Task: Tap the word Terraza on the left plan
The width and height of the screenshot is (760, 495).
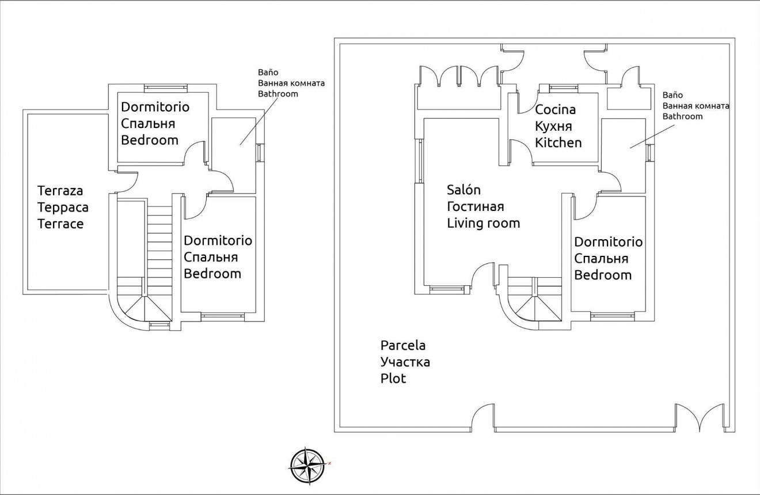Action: [x=60, y=190]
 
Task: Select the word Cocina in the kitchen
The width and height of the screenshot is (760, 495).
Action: [x=555, y=109]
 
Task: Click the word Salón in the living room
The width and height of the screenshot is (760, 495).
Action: [x=463, y=190]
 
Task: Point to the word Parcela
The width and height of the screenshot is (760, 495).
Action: [x=403, y=346]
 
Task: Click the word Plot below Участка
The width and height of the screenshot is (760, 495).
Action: [x=393, y=379]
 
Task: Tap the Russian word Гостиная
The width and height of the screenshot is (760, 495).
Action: [x=476, y=206]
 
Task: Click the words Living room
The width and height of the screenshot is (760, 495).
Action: [x=483, y=223]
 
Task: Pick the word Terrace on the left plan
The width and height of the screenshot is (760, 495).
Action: [x=60, y=224]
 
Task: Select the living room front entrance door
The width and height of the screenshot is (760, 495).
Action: [x=482, y=275]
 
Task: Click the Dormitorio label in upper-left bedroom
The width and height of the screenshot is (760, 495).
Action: [x=155, y=107]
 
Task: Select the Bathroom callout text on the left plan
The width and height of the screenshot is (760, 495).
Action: [x=278, y=93]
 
